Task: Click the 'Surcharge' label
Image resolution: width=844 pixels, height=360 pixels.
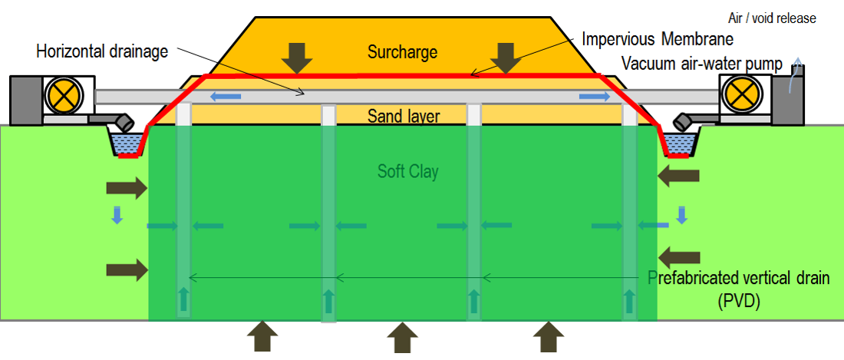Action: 402,53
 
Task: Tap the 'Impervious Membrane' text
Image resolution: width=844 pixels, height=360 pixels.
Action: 658,39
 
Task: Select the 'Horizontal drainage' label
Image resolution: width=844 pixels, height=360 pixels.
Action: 103,52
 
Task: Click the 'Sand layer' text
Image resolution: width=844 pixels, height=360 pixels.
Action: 403,116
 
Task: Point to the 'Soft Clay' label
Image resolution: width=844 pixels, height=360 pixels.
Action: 407,170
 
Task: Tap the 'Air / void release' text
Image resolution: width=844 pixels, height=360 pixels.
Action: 772,18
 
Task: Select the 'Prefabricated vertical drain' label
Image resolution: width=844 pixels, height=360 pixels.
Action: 739,278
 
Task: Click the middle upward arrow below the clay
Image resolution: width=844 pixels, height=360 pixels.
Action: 400,337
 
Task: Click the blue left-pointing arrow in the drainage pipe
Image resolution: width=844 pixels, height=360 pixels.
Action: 226,96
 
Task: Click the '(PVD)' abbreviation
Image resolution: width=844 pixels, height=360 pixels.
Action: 739,301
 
